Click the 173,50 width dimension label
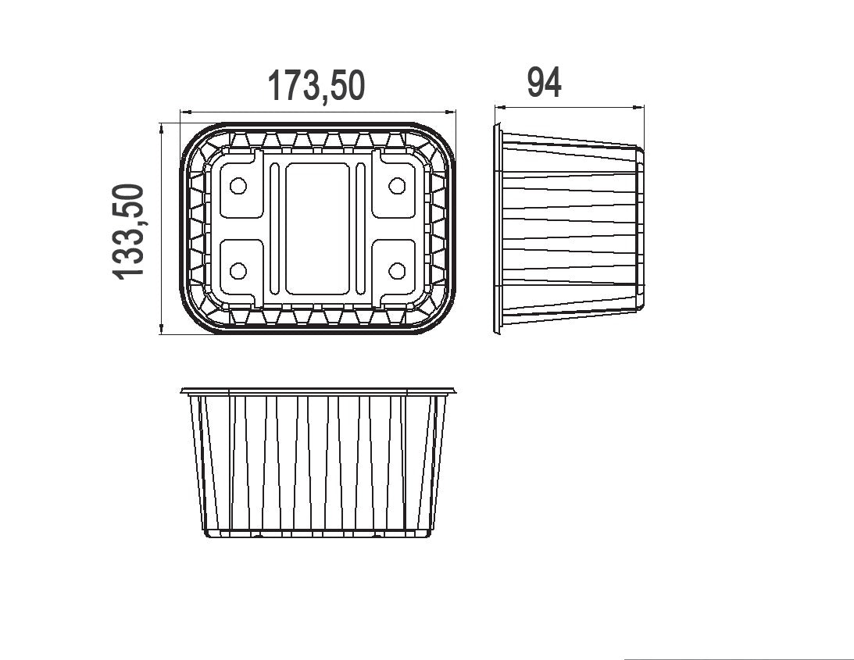click(x=316, y=85)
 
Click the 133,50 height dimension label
click(x=129, y=232)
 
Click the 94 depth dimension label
click(x=544, y=83)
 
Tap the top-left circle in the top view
click(x=238, y=186)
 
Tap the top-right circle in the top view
click(x=397, y=186)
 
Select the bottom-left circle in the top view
click(x=238, y=271)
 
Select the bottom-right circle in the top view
click(x=397, y=271)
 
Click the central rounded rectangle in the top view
click(x=317, y=229)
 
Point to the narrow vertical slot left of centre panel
click(x=275, y=229)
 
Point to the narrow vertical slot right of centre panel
click(x=360, y=229)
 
